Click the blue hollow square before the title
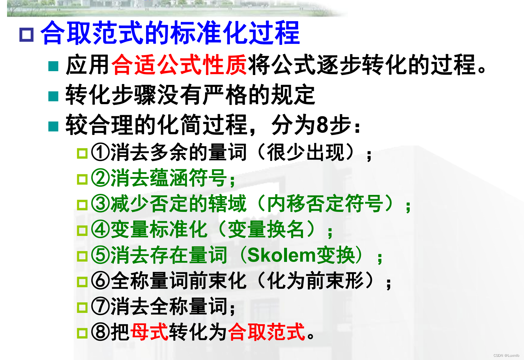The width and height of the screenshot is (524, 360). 27,35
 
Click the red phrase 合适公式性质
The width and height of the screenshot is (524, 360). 179,65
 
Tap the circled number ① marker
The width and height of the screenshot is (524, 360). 100,152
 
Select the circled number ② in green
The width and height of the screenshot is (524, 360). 100,178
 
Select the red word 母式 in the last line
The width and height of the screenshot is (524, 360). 149,331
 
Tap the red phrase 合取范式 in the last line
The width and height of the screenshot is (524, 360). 266,331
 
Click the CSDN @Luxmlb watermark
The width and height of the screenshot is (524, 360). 506,355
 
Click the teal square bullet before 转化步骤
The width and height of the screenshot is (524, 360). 53,96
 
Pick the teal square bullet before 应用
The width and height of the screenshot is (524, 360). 53,66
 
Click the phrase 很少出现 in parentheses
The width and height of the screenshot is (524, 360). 306,152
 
